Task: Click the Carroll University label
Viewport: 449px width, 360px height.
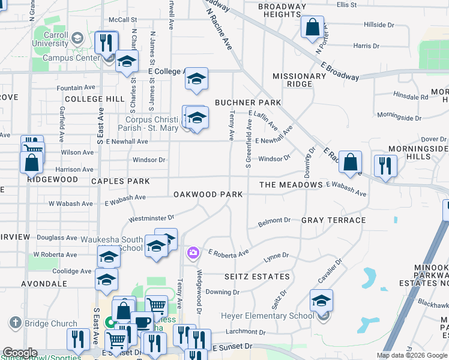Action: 51,39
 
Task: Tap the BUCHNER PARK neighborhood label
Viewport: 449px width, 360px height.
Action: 248,103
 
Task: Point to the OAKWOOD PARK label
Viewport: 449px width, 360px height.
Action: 208,194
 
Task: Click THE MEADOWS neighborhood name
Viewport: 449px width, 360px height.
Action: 291,185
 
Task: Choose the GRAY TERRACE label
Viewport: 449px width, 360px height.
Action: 333,220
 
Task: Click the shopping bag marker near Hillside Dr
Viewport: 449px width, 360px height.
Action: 312,27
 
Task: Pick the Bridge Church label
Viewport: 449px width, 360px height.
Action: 51,323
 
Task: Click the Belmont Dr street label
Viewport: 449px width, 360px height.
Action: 274,221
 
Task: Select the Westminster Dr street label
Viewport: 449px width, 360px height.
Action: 151,217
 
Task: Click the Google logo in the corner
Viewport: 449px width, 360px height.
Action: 20,353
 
